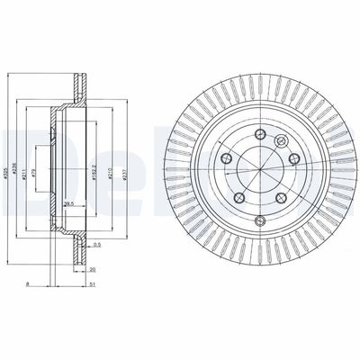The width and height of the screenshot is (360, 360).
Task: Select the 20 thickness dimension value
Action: [92, 268]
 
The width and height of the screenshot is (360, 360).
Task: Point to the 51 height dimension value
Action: [92, 283]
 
